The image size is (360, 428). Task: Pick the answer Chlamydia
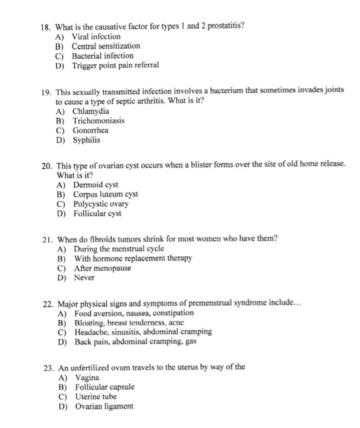91,111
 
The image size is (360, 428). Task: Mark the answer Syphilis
87,139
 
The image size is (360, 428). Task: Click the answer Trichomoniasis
98,120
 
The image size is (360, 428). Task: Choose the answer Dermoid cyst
96,185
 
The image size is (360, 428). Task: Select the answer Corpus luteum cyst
106,194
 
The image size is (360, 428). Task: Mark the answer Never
84,277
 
